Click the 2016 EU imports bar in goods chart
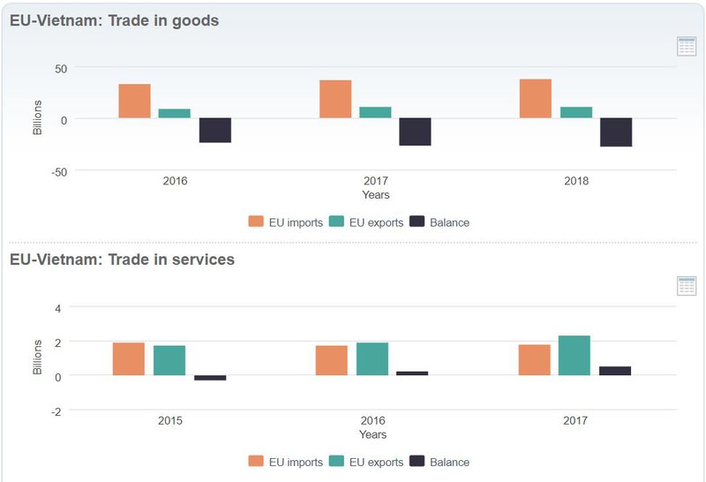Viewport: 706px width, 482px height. (134, 101)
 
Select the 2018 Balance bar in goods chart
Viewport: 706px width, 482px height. (616, 132)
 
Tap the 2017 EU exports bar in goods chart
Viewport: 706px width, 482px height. (375, 112)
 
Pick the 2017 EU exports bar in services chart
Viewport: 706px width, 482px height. (575, 355)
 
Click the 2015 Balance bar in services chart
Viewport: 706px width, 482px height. (210, 378)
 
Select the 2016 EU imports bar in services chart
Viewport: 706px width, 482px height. (331, 360)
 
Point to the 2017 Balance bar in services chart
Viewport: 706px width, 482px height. (615, 371)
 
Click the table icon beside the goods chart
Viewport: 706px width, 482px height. (687, 47)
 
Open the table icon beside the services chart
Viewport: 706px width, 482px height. (687, 285)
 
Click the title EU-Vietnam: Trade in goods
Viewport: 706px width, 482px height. (114, 20)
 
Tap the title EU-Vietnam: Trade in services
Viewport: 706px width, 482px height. (122, 260)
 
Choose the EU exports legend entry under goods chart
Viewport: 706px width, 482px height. (365, 222)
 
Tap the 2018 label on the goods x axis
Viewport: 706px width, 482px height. (575, 181)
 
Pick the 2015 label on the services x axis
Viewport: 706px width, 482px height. (170, 420)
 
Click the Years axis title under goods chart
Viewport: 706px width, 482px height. (375, 195)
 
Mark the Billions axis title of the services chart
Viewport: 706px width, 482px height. (37, 357)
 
